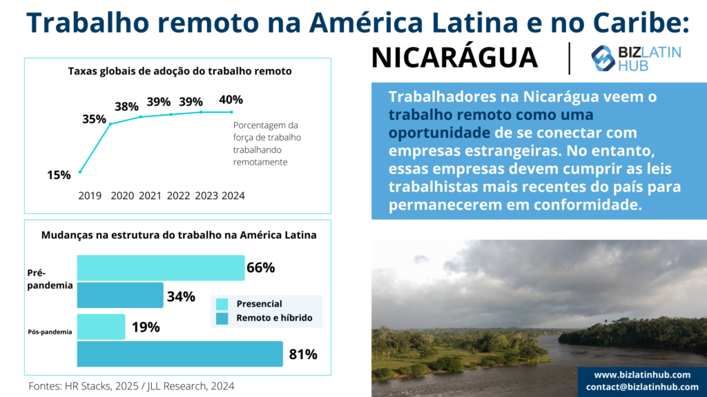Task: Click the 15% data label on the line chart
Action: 59,175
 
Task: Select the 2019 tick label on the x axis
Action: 90,196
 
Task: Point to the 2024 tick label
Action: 233,196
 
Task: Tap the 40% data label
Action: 231,100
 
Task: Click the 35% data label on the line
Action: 94,119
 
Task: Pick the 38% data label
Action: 126,107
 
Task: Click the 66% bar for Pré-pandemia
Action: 160,267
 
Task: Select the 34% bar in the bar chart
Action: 119,295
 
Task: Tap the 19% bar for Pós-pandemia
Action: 101,327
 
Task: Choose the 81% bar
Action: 180,354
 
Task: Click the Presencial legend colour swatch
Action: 222,304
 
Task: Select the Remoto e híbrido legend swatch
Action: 222,318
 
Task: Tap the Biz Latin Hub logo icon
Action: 603,59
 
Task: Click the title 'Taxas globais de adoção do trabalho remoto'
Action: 180,71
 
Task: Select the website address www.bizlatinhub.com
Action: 642,374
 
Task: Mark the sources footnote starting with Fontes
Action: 131,386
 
